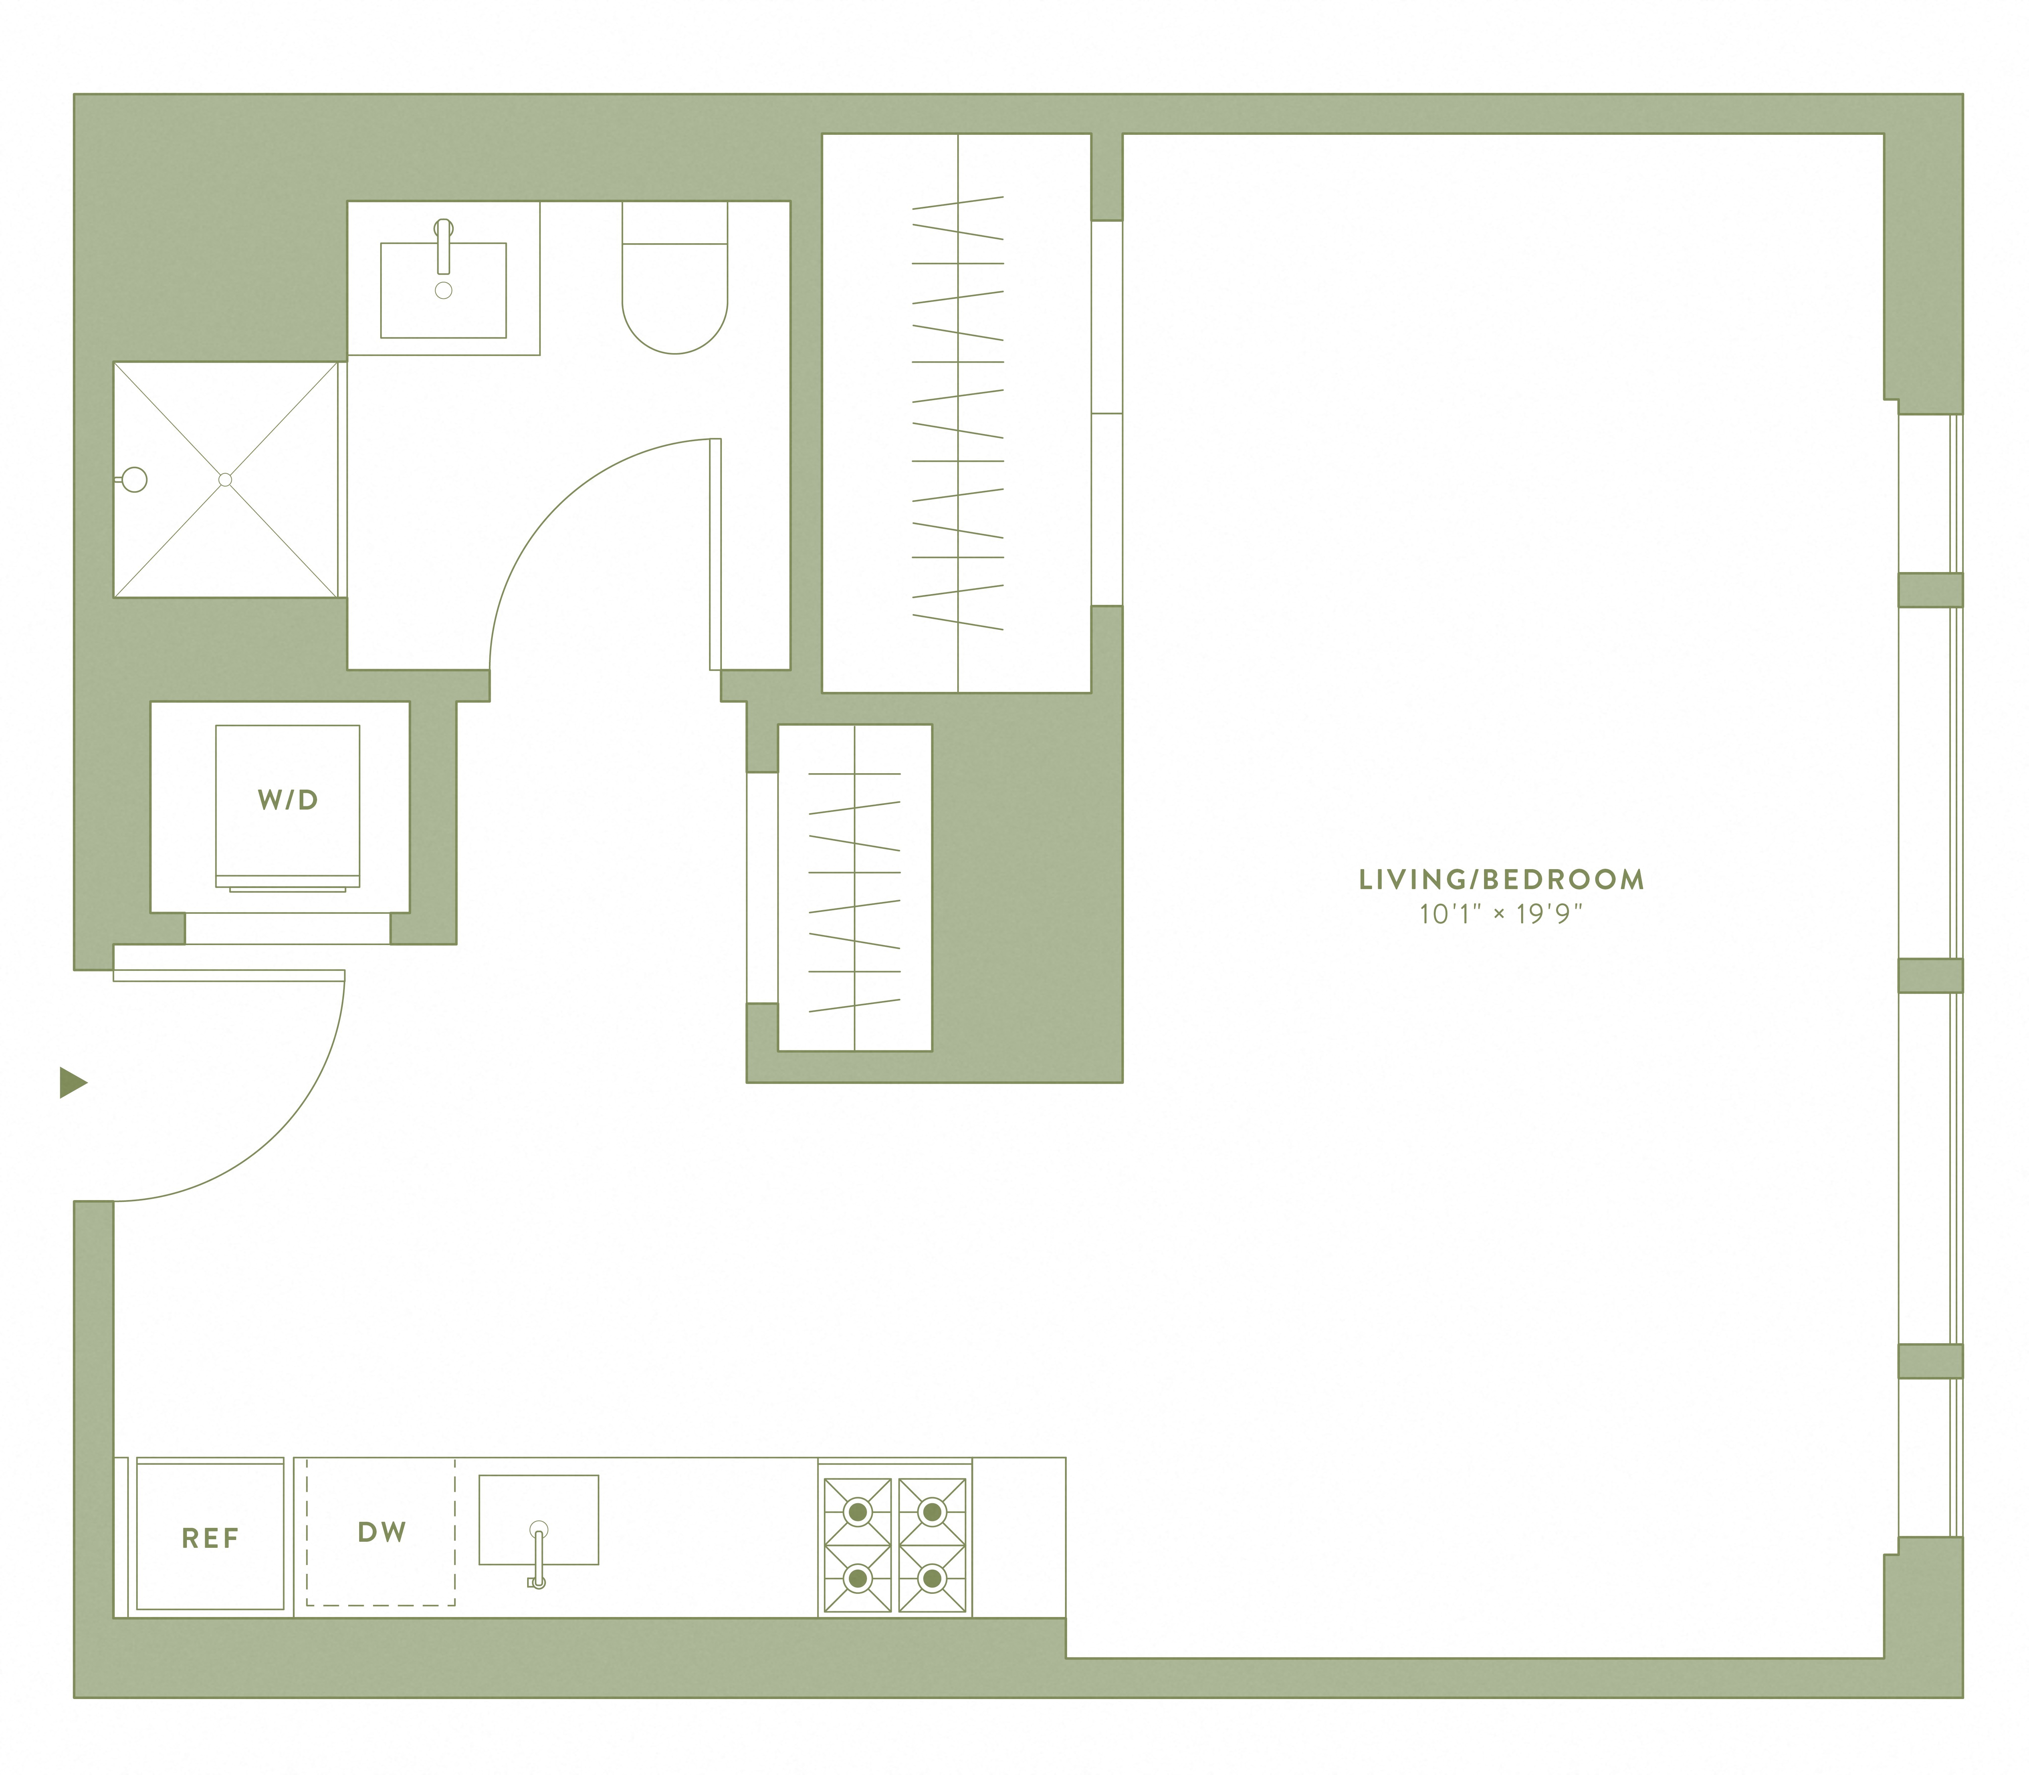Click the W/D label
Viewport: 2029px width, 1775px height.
[287, 800]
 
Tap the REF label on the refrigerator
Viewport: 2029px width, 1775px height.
[210, 1538]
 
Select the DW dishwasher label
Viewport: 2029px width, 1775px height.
[381, 1532]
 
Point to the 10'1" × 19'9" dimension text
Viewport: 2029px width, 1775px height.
[1501, 913]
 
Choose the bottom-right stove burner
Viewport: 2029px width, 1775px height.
[931, 1578]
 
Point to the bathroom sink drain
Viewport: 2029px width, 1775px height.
[444, 290]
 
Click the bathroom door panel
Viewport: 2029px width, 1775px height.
[715, 555]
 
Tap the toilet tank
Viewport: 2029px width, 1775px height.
[675, 223]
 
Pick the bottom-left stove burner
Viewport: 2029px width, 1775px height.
[857, 1578]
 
